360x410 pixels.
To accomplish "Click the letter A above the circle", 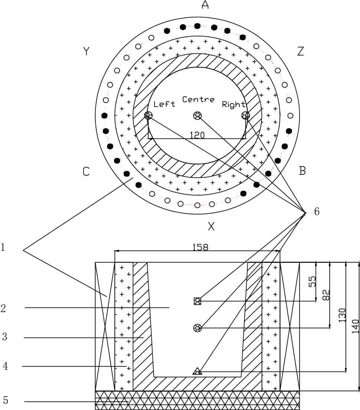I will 205,4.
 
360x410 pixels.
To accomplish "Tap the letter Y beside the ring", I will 86,51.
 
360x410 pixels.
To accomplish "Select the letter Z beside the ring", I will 301,51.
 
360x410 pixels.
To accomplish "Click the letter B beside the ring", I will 302,171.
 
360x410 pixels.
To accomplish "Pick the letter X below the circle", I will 211,226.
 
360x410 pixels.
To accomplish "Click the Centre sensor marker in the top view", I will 197,116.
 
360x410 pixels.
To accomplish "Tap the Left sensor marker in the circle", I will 148,115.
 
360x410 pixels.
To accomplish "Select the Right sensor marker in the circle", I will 245,115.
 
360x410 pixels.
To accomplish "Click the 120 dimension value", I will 197,135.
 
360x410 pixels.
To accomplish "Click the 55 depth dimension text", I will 312,281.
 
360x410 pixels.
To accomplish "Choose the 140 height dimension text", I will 356,327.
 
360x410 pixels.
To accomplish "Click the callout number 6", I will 316,212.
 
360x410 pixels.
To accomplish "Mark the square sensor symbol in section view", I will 197,301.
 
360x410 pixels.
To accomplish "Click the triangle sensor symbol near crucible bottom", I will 197,371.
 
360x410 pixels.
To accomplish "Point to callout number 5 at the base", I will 5,401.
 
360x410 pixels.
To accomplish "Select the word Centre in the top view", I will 198,100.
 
